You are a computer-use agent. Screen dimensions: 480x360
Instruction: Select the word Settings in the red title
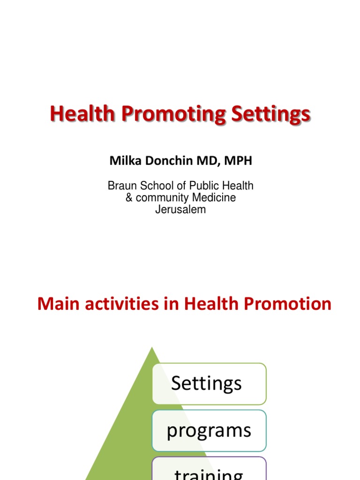[265, 114]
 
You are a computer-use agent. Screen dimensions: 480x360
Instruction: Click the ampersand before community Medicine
[129, 198]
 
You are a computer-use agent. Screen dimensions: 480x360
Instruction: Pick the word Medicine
[215, 198]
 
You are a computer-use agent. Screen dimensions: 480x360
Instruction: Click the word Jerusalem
[180, 210]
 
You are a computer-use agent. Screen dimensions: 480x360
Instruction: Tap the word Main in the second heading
[56, 304]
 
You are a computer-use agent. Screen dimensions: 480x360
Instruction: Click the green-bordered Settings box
[209, 383]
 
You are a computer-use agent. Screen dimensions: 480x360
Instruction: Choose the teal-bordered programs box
[209, 431]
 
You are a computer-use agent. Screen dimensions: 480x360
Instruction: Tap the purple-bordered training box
[209, 471]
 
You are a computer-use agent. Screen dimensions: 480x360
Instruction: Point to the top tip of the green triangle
[152, 348]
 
